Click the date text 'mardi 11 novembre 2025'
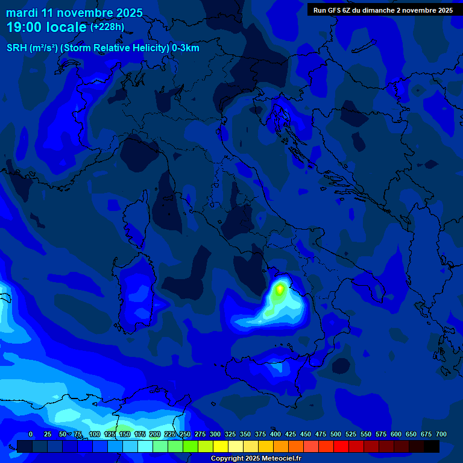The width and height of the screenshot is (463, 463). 74,13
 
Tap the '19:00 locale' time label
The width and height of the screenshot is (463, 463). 46,27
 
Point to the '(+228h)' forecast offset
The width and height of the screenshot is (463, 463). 107,27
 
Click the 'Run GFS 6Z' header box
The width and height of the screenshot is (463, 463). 383,10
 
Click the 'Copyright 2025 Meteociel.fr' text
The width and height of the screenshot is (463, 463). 256,458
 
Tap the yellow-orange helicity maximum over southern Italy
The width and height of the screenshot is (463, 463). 280,289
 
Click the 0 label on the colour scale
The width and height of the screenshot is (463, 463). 31,434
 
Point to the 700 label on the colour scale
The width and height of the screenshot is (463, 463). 441,434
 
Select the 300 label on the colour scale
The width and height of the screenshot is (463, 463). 215,434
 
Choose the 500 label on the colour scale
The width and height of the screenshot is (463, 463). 336,434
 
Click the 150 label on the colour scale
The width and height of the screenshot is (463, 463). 125,434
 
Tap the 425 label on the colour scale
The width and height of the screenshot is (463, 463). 291,434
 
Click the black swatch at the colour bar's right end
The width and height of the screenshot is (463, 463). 432,446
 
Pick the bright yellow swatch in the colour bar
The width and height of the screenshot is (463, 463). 221,446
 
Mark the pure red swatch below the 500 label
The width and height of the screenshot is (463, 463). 341,446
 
